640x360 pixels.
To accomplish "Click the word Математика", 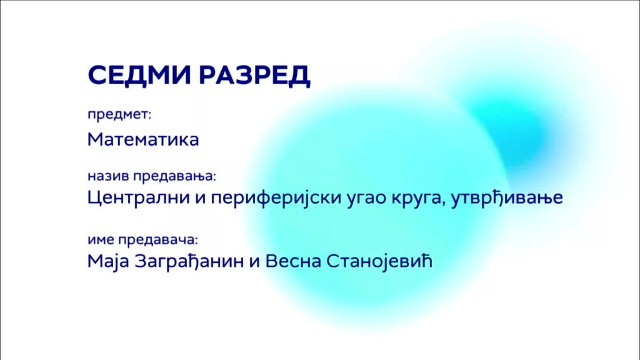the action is pyautogui.click(x=143, y=139).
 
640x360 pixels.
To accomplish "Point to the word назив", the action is pyautogui.click(x=108, y=176).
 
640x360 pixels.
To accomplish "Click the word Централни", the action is pyautogui.click(x=138, y=198).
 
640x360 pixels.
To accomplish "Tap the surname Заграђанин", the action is pyautogui.click(x=189, y=261).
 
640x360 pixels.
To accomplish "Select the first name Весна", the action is pyautogui.click(x=293, y=261).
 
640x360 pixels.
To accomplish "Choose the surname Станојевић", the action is pyautogui.click(x=379, y=261).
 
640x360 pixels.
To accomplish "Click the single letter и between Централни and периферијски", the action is pyautogui.click(x=200, y=199).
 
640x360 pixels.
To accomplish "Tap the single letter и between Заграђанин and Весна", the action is pyautogui.click(x=255, y=262).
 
